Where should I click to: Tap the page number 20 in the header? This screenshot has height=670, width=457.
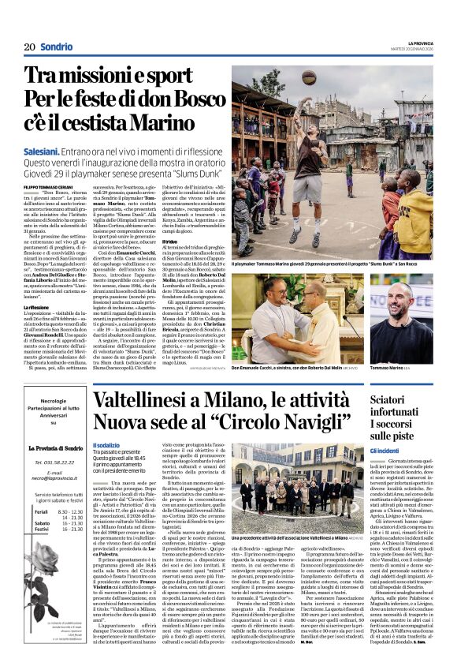(30, 47)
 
